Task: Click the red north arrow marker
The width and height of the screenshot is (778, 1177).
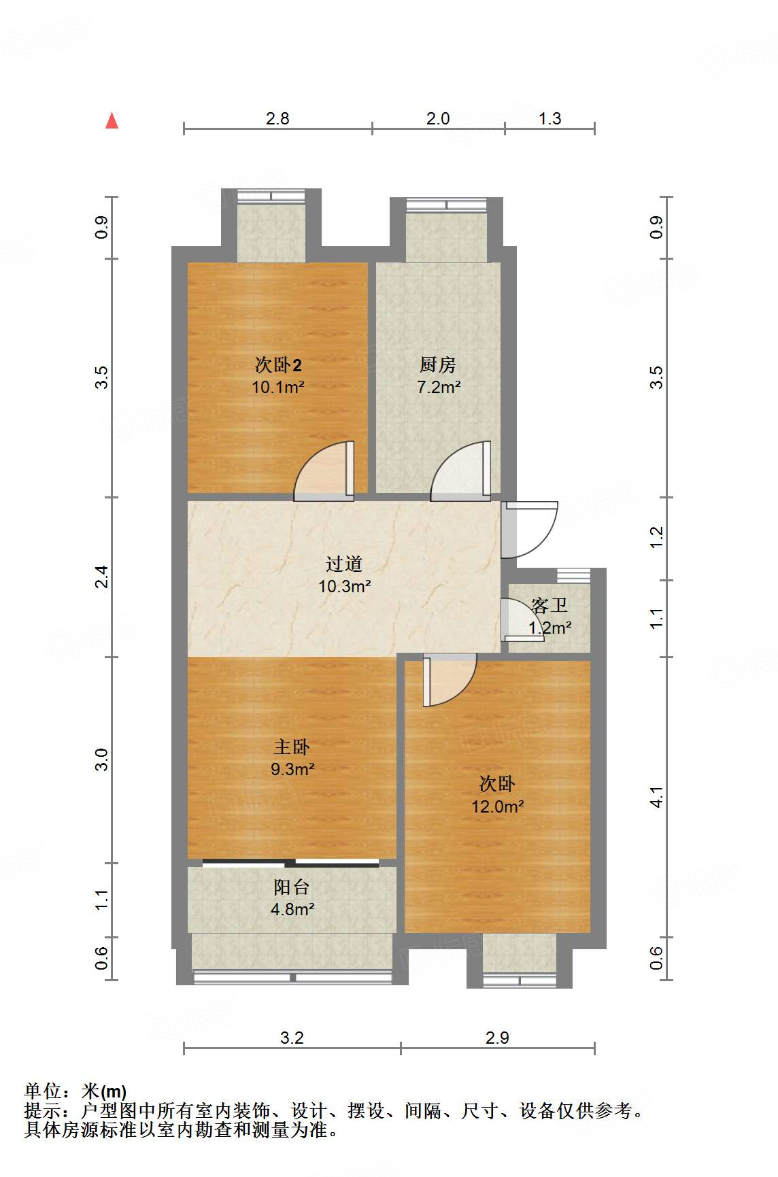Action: pyautogui.click(x=112, y=121)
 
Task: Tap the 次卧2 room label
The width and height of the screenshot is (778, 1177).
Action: pyautogui.click(x=278, y=365)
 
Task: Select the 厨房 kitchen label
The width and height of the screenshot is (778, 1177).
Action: pyautogui.click(x=437, y=365)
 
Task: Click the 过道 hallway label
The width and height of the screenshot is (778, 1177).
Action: pyautogui.click(x=343, y=564)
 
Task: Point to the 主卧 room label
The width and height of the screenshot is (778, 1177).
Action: pyautogui.click(x=292, y=747)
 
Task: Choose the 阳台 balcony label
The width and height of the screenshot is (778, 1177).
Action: pyautogui.click(x=292, y=887)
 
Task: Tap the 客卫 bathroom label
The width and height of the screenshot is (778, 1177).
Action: pyautogui.click(x=549, y=604)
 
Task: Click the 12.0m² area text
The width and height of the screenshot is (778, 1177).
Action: pyautogui.click(x=498, y=806)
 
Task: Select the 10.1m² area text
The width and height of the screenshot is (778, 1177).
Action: pyautogui.click(x=277, y=388)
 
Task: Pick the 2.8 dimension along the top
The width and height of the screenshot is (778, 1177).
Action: pyautogui.click(x=277, y=118)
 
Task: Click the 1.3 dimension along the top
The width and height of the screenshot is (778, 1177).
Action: pyautogui.click(x=549, y=118)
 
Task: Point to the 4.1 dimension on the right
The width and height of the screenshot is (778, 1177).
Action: pyautogui.click(x=656, y=797)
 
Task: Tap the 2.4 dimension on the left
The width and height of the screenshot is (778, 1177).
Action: pyautogui.click(x=101, y=577)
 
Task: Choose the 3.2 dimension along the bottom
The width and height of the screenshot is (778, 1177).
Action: pyautogui.click(x=292, y=1038)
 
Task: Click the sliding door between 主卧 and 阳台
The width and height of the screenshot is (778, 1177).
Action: pyautogui.click(x=291, y=864)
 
